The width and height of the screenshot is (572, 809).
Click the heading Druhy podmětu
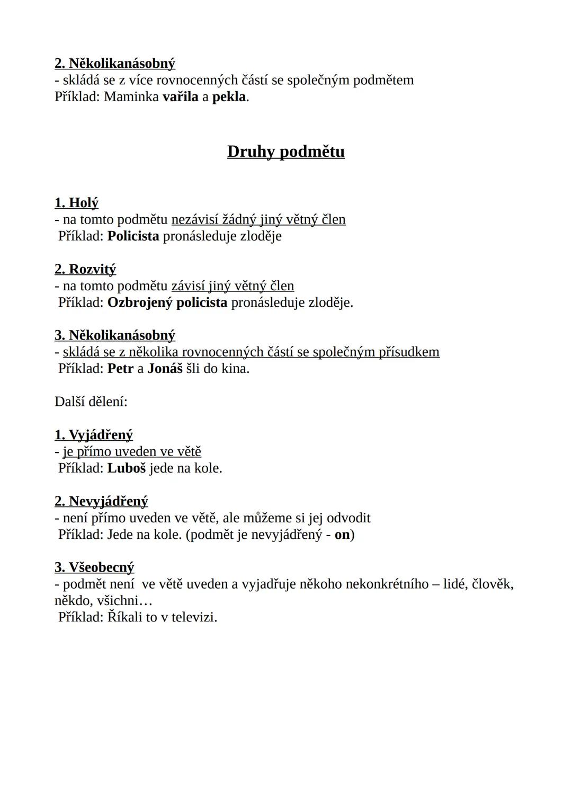pyautogui.click(x=286, y=152)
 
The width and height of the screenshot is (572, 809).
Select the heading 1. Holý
pyautogui.click(x=76, y=203)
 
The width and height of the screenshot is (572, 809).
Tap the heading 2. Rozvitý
pyautogui.click(x=85, y=269)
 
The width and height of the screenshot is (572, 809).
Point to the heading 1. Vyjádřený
pyautogui.click(x=94, y=435)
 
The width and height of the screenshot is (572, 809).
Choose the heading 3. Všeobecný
pyautogui.click(x=94, y=567)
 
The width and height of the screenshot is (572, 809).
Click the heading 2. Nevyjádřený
pyautogui.click(x=101, y=501)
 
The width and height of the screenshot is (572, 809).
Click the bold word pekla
pyautogui.click(x=229, y=97)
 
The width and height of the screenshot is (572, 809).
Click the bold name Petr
pyautogui.click(x=120, y=369)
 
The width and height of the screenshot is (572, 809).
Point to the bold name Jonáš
pyautogui.click(x=165, y=369)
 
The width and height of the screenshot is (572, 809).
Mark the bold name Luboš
pyautogui.click(x=127, y=468)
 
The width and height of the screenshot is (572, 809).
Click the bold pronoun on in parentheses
pyautogui.click(x=342, y=535)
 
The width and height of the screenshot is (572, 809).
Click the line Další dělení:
pyautogui.click(x=91, y=402)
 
